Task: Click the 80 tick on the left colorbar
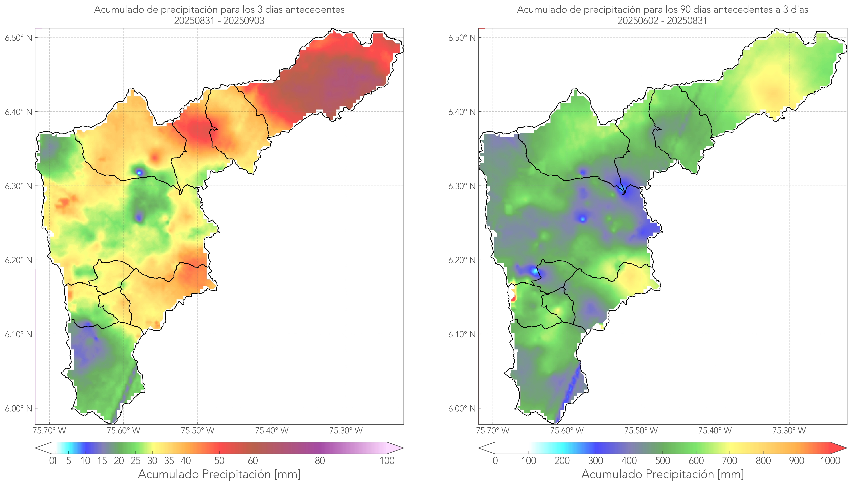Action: (320, 461)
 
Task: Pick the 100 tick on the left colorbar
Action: (387, 461)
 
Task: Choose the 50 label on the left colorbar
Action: (219, 461)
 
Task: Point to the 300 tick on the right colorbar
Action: (595, 461)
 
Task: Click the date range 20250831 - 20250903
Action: (219, 21)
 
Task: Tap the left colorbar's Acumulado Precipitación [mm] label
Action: (219, 474)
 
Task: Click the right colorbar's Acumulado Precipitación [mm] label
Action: (662, 474)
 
